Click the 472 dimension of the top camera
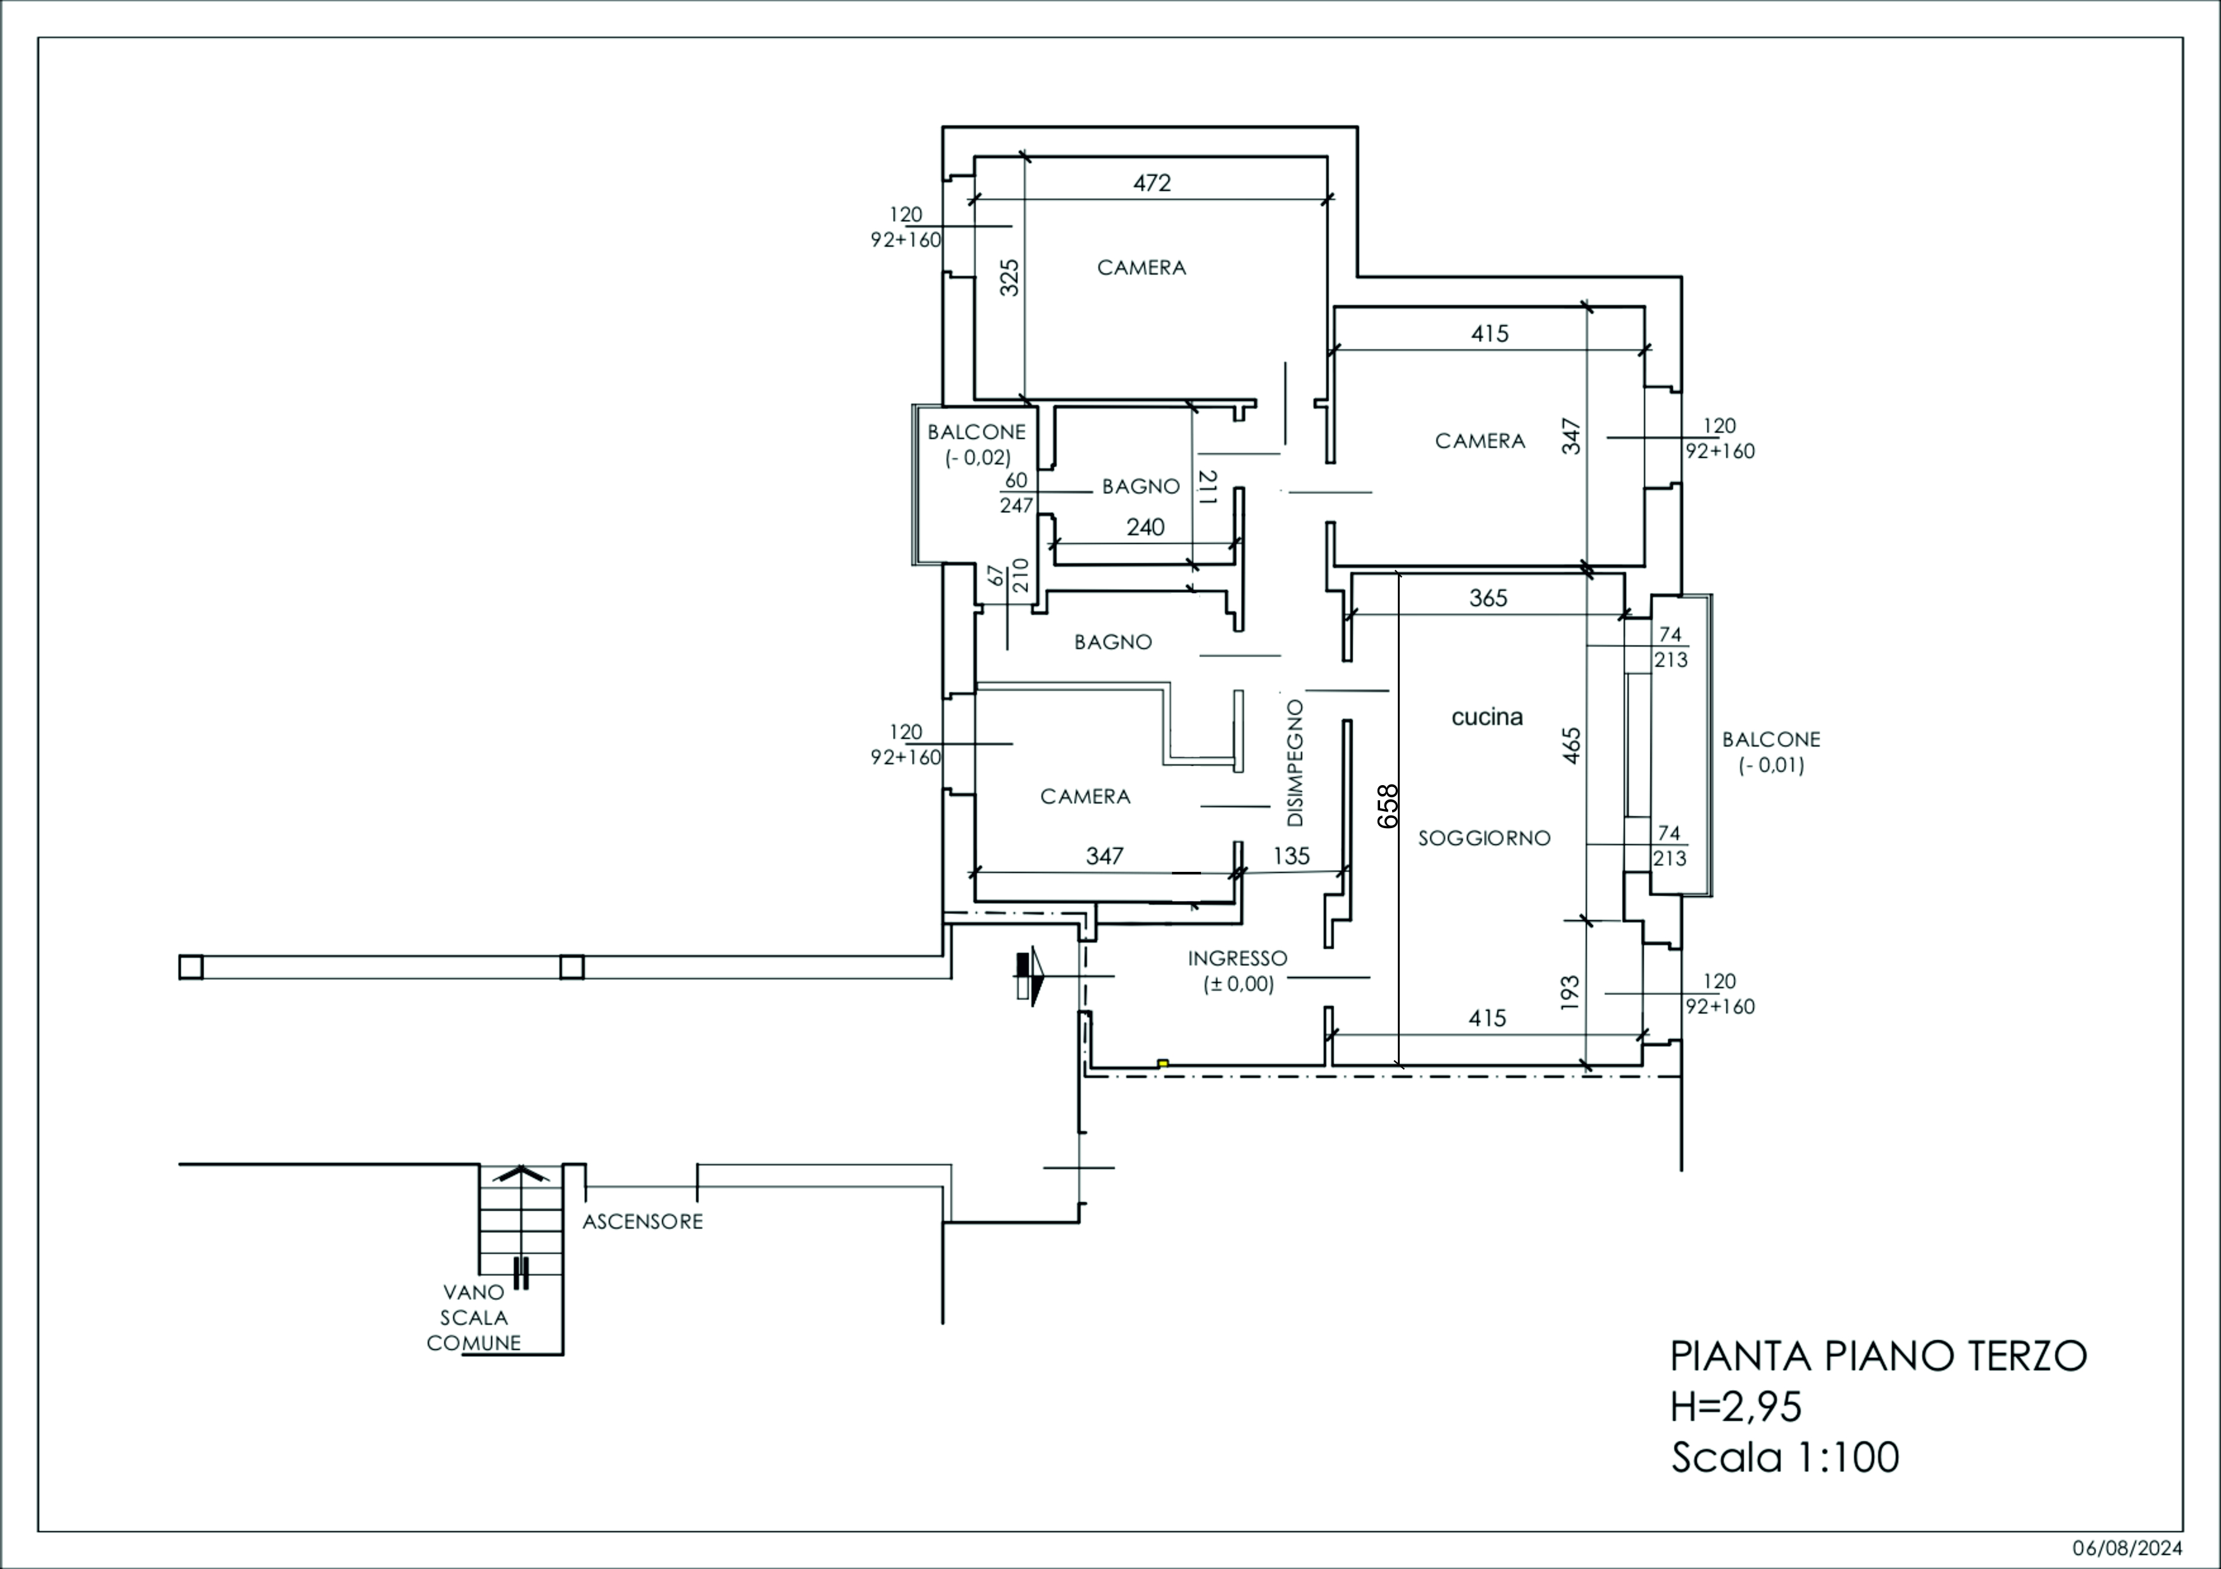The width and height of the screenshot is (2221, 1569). [x=1152, y=183]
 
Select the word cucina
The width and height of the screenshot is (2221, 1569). [x=1488, y=717]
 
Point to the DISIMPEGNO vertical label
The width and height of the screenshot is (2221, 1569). [x=1295, y=763]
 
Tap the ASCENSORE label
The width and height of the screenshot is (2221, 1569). [x=642, y=1222]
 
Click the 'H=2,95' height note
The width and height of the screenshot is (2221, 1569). [x=1736, y=1408]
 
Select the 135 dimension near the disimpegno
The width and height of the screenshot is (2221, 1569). [x=1291, y=856]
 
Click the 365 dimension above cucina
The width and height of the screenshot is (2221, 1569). [x=1488, y=598]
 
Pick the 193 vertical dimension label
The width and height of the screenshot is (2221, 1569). [x=1570, y=993]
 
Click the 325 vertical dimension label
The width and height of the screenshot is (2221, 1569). [x=1009, y=278]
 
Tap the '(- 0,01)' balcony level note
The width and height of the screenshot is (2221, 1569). [x=1771, y=765]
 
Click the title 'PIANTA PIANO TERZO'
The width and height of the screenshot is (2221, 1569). [x=1879, y=1356]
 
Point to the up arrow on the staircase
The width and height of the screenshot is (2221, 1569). [x=521, y=1174]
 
